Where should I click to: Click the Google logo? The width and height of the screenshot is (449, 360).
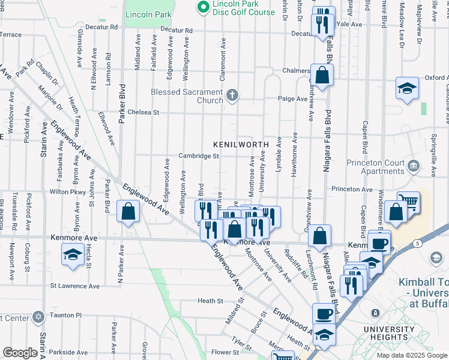pyautogui.click(x=19, y=353)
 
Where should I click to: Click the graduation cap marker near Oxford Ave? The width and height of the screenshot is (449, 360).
pyautogui.click(x=407, y=88)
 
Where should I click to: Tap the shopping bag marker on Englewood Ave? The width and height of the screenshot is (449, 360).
pyautogui.click(x=128, y=211)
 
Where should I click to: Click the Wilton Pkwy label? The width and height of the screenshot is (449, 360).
pyautogui.click(x=68, y=192)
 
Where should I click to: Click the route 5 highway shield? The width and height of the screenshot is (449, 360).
pyautogui.click(x=417, y=243)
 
